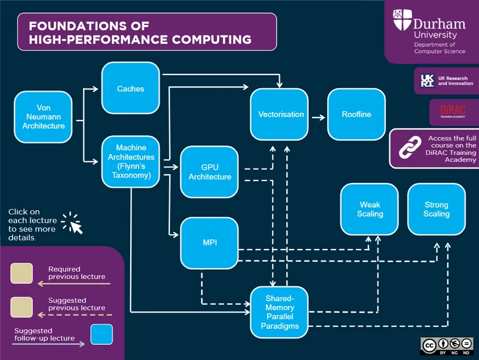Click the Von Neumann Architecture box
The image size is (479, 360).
point(44,117)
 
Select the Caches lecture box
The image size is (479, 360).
point(130,88)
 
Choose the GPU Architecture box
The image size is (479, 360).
point(209,172)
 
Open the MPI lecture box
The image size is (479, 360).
point(209,242)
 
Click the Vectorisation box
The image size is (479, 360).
point(280,114)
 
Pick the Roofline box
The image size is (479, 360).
point(356,114)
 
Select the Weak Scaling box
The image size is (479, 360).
point(369,209)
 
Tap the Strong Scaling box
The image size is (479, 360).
point(436,209)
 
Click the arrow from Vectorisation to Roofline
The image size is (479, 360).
point(318,114)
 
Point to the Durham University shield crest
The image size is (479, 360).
point(402,22)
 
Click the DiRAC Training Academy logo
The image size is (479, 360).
point(444,112)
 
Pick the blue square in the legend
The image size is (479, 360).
point(101,335)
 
